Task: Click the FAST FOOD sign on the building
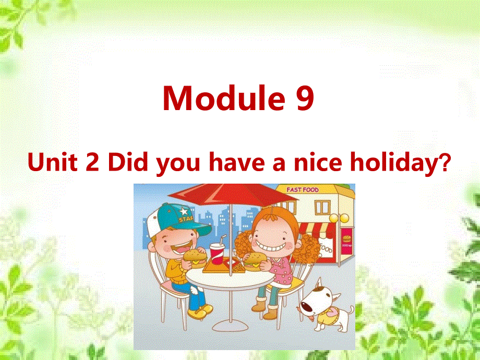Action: [302, 189]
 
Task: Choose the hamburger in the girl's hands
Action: [255, 259]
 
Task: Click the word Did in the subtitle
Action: [125, 163]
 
